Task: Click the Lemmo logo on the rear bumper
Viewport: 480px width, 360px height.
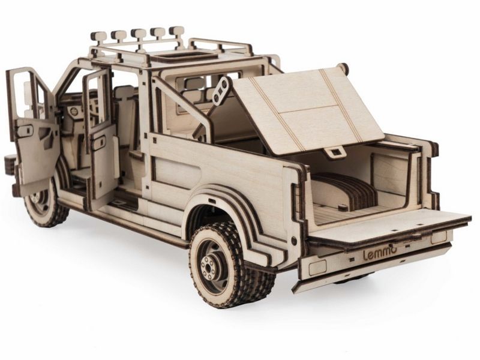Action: click(x=380, y=254)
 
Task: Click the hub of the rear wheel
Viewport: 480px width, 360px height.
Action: click(x=209, y=267)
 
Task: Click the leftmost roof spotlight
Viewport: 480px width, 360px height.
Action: click(x=98, y=37)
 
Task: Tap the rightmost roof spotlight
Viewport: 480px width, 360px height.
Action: click(x=176, y=31)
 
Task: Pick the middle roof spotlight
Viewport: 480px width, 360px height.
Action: click(x=138, y=34)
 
